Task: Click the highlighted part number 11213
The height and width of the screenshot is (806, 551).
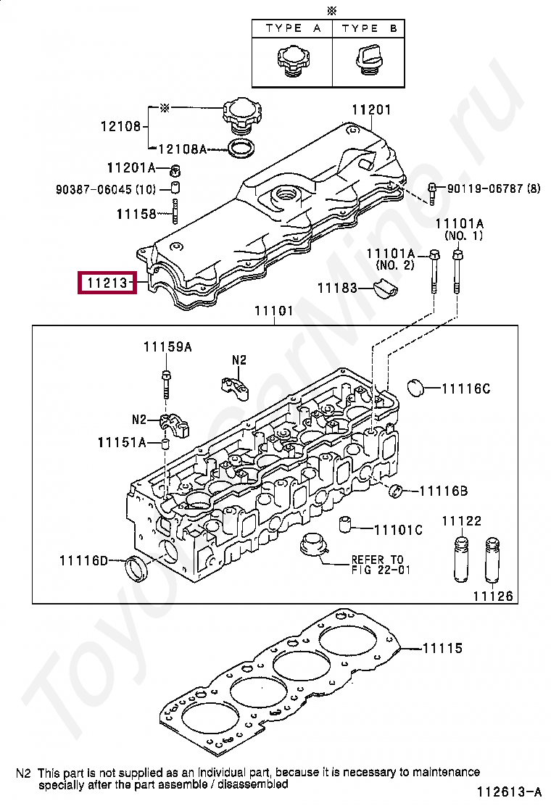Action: pyautogui.click(x=107, y=283)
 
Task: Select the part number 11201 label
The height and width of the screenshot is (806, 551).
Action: pyautogui.click(x=371, y=110)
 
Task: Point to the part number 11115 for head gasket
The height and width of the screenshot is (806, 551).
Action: pyautogui.click(x=442, y=648)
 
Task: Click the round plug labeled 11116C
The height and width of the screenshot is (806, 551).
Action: pyautogui.click(x=415, y=387)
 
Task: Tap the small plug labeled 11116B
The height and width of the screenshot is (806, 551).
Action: pyautogui.click(x=397, y=491)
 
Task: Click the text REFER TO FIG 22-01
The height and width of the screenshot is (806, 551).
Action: pyautogui.click(x=377, y=565)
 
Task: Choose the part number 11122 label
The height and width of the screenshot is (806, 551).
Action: pyautogui.click(x=462, y=521)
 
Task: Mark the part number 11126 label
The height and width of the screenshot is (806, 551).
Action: pyautogui.click(x=493, y=597)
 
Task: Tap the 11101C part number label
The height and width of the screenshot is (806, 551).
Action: pyautogui.click(x=398, y=530)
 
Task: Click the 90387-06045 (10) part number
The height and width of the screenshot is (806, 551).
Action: pyautogui.click(x=106, y=189)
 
